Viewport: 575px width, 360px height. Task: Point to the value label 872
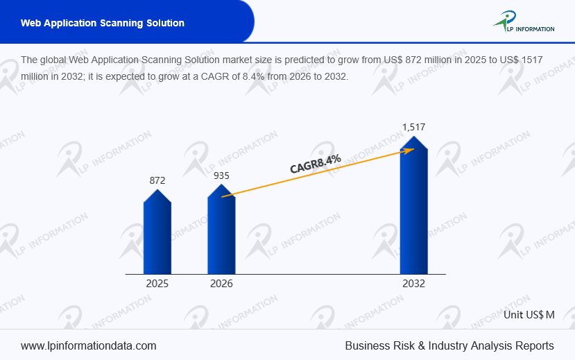coord(157,180)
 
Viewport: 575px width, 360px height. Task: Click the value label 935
coord(221,175)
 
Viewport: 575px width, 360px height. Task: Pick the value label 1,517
coord(414,127)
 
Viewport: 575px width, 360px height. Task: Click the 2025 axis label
coord(157,284)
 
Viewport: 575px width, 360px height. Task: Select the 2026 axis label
coord(221,284)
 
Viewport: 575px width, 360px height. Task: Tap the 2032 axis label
coord(414,284)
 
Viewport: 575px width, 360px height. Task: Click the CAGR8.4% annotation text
coord(316,164)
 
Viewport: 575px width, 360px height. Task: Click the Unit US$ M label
coord(529,314)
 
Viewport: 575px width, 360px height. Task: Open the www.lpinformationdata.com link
coord(89,345)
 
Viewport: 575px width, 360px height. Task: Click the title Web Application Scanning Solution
coord(103,23)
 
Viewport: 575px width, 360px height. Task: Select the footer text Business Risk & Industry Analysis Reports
coord(449,345)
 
